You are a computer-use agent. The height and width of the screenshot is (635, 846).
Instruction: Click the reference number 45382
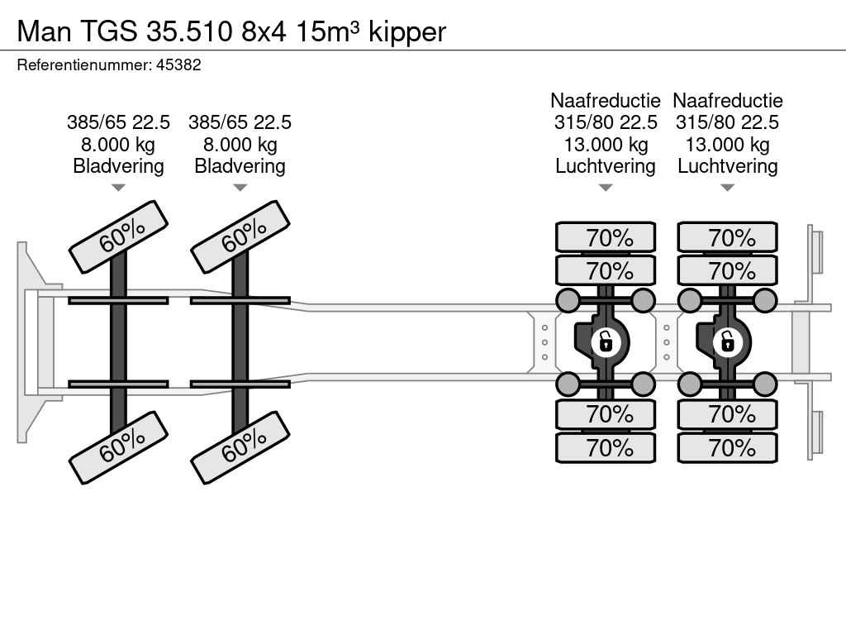(x=178, y=64)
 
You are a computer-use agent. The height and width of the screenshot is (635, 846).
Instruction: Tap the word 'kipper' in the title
(x=407, y=31)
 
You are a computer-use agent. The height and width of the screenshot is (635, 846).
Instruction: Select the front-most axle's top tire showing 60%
(x=118, y=236)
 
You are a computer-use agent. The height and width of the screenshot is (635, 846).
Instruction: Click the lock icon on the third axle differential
(x=606, y=341)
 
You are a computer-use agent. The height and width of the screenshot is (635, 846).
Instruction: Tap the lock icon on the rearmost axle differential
(x=727, y=341)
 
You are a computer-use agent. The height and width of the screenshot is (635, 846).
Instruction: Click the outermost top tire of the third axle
(x=606, y=238)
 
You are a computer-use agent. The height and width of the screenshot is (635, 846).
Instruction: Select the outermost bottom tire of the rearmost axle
(x=727, y=448)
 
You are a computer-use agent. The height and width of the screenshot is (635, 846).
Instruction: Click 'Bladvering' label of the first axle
(x=118, y=166)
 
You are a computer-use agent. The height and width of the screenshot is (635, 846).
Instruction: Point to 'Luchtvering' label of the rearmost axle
(x=727, y=166)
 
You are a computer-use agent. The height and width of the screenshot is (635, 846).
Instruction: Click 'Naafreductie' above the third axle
(x=606, y=101)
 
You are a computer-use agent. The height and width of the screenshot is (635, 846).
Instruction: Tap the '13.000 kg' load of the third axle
(x=606, y=145)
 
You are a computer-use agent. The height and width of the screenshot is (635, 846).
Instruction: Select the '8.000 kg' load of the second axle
(x=240, y=145)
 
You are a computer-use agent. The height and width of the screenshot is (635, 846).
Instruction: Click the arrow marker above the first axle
(x=118, y=188)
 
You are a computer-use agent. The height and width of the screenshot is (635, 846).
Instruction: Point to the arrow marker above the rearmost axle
(x=727, y=188)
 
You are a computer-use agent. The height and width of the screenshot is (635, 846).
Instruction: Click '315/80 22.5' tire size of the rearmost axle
(x=727, y=122)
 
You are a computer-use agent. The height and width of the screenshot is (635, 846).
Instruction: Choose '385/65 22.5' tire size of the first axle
(x=118, y=122)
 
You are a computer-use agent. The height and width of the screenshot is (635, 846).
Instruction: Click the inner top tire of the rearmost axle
(x=727, y=270)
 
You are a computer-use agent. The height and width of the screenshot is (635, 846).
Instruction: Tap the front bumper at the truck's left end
(x=30, y=342)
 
